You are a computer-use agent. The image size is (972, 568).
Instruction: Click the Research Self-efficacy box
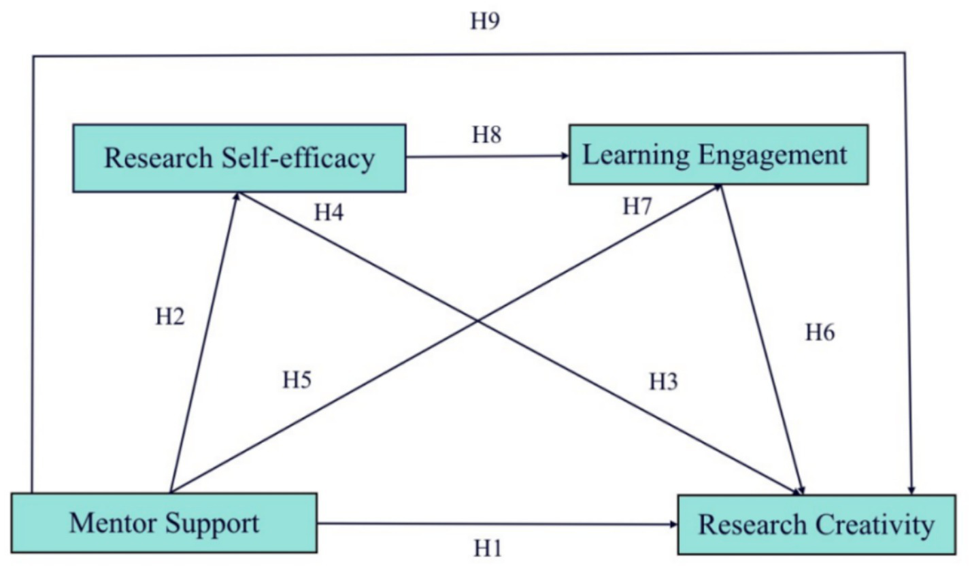[x=239, y=158]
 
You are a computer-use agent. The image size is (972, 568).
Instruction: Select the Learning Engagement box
[x=718, y=154]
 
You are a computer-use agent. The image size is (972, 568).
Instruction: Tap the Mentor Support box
[x=164, y=522]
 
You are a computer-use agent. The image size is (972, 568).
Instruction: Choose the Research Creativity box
[x=816, y=524]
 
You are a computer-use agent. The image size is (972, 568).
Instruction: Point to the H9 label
[x=485, y=21]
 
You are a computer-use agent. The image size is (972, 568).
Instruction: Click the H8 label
[x=487, y=135]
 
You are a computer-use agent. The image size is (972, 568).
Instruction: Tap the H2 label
[x=170, y=317]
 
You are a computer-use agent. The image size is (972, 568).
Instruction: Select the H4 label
[x=329, y=213]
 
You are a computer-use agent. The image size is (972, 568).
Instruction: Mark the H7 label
[x=637, y=207]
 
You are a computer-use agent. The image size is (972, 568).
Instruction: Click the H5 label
[x=297, y=380]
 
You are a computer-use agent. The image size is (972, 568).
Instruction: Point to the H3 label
[x=663, y=382]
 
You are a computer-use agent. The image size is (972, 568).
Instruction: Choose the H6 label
[x=820, y=333]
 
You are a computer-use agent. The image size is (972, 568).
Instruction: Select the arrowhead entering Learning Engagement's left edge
[x=565, y=156]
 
